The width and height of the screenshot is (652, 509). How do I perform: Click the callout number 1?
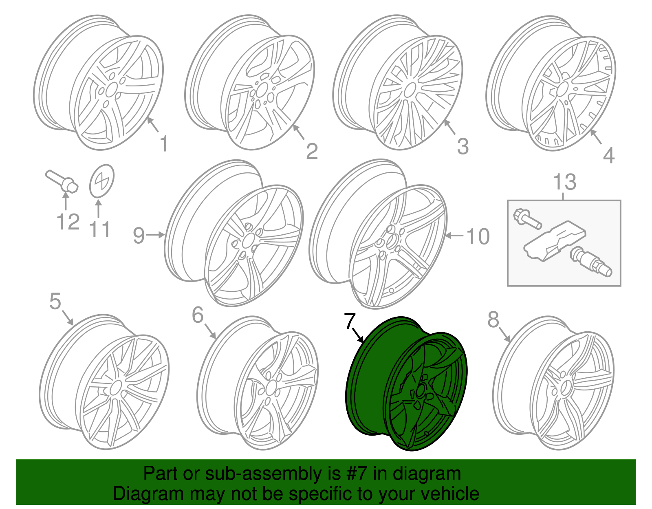click(x=164, y=144)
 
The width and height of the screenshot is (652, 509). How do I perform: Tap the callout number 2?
click(x=312, y=152)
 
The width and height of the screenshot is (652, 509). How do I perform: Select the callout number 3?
click(x=463, y=147)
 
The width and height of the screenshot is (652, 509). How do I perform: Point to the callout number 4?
click(x=608, y=156)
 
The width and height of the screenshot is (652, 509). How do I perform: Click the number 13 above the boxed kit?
click(x=564, y=182)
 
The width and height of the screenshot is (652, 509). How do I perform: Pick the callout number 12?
click(x=68, y=222)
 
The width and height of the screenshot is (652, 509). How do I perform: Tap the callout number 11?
click(x=100, y=229)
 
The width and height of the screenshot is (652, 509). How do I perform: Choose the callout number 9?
click(x=139, y=236)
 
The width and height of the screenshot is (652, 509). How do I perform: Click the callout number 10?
click(x=478, y=236)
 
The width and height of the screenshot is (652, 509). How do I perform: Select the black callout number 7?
click(x=350, y=321)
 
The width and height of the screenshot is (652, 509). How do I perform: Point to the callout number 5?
click(x=55, y=301)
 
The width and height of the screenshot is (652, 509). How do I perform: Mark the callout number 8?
click(x=493, y=320)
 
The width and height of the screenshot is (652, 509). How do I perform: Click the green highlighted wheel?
click(x=407, y=383)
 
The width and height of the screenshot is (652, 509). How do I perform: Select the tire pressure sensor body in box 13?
click(x=555, y=241)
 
